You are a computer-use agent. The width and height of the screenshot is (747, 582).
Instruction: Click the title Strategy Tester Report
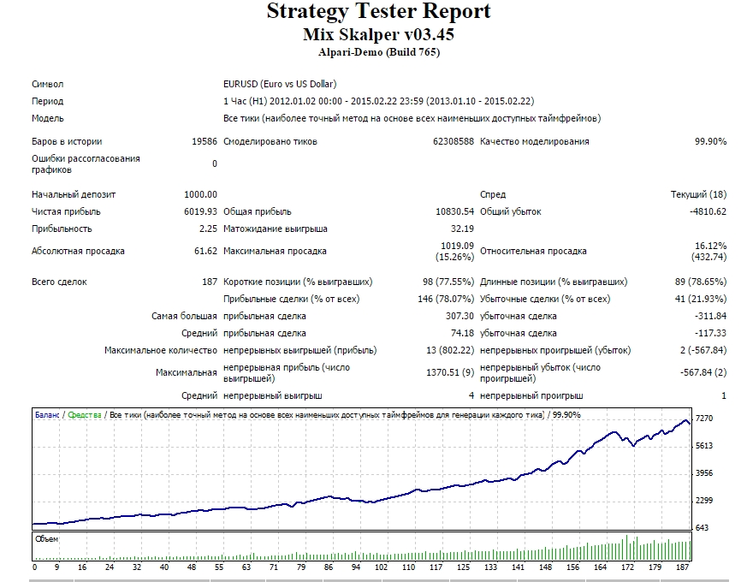click(379, 12)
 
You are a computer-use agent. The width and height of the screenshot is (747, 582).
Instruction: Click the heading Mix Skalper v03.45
click(379, 34)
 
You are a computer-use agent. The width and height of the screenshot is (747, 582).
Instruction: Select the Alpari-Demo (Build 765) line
click(379, 52)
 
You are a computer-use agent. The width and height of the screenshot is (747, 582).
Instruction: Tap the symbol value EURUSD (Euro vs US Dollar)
click(280, 84)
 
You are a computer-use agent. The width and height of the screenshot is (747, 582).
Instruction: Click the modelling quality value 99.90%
click(710, 141)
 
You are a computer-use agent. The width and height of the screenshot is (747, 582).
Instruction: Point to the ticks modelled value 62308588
click(453, 141)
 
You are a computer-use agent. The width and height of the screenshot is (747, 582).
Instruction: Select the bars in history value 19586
click(205, 141)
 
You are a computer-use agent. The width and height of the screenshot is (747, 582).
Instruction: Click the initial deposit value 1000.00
click(200, 194)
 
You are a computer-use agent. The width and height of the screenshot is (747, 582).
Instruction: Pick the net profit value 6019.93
click(200, 211)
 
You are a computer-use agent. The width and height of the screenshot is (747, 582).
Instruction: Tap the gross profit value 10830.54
click(455, 211)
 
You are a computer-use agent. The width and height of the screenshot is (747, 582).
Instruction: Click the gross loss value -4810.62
click(708, 211)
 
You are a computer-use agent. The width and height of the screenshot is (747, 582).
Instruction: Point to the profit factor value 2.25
click(208, 229)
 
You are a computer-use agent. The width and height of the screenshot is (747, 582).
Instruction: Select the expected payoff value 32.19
click(462, 229)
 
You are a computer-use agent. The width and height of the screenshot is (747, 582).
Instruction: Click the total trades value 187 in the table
click(210, 282)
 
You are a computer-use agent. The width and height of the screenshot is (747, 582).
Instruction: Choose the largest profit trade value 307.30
click(459, 316)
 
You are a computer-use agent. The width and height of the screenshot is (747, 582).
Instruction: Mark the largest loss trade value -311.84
click(710, 316)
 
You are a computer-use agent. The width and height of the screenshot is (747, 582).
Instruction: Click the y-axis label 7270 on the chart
click(704, 419)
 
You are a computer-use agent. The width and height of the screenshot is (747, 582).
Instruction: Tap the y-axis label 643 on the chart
click(702, 528)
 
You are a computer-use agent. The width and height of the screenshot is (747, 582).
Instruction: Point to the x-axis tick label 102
click(381, 567)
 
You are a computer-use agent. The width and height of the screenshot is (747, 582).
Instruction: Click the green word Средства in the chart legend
click(85, 415)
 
